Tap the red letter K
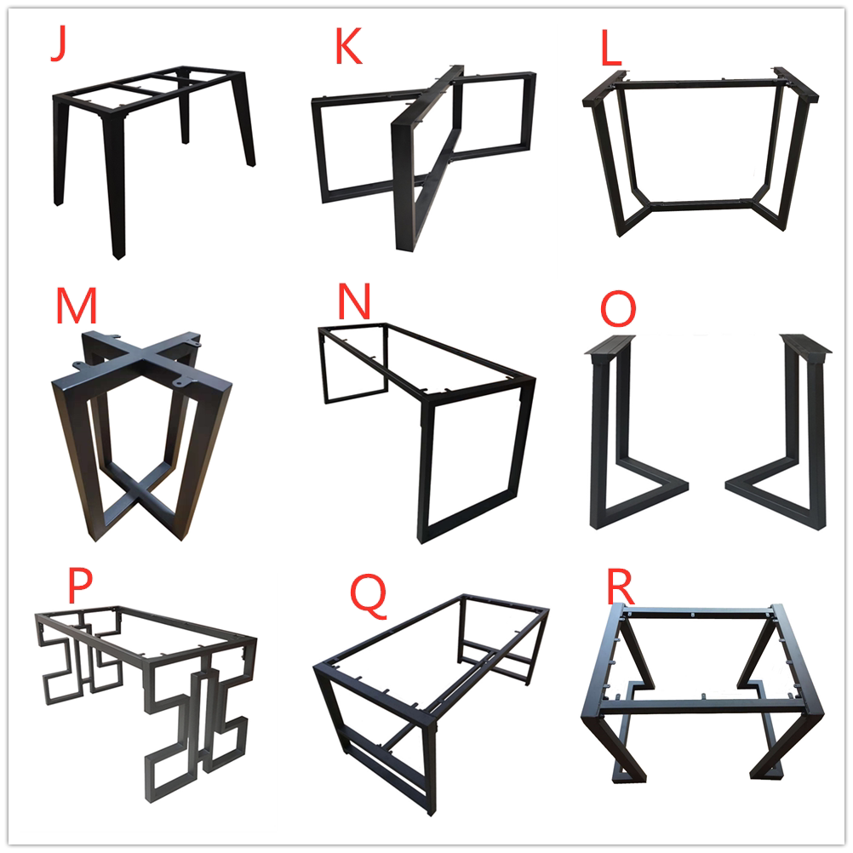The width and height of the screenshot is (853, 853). [x=348, y=46]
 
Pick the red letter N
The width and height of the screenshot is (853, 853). [x=354, y=301]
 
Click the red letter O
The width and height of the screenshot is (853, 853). [x=618, y=308]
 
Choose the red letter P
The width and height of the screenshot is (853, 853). [x=79, y=586]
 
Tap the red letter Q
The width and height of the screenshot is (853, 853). [x=369, y=596]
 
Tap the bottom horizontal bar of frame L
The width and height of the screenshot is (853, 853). [x=701, y=205]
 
